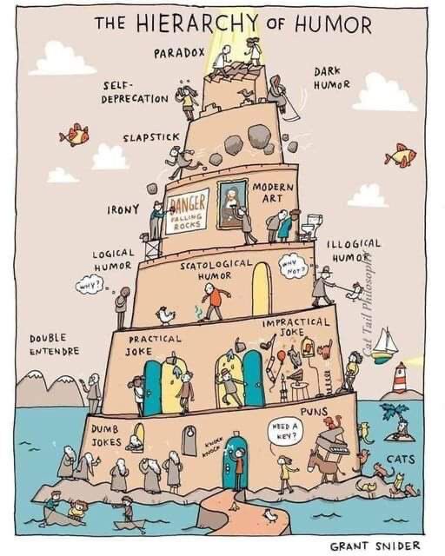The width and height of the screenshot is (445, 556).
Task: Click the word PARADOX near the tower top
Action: tap(179, 53)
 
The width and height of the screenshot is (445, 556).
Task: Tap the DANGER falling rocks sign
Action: tap(187, 211)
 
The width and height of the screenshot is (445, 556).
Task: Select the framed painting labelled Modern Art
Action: tap(232, 204)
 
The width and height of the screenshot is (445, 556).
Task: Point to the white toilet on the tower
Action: tap(311, 226)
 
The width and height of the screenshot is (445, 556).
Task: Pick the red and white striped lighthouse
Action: tap(400, 377)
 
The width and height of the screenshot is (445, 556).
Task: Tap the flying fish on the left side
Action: tap(75, 135)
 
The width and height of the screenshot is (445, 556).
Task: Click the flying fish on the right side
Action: tap(401, 155)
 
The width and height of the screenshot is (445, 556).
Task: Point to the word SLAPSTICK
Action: tap(151, 137)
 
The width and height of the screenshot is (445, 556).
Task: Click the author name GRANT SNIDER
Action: tap(375, 546)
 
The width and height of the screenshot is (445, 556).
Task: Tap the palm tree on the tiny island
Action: tap(393, 415)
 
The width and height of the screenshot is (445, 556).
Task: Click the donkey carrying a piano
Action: tap(324, 465)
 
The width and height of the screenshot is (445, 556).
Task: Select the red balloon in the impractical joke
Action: tap(281, 355)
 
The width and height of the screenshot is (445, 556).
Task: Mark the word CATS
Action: tap(401, 460)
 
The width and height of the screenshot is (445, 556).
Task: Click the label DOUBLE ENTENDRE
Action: tap(54, 344)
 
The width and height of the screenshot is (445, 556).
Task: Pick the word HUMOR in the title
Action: tap(333, 25)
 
